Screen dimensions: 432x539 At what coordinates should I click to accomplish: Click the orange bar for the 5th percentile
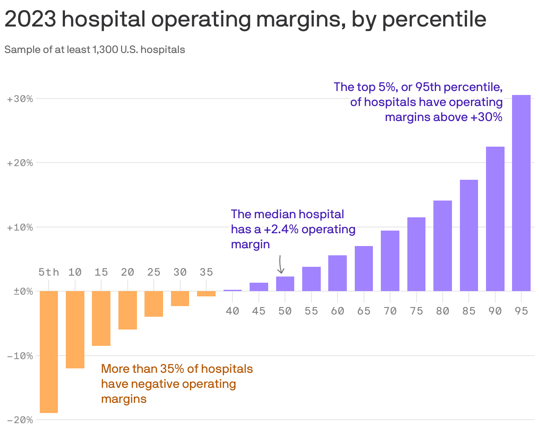[49, 352]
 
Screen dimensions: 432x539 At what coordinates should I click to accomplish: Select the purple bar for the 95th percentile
[521, 193]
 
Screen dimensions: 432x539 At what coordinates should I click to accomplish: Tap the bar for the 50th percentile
[285, 284]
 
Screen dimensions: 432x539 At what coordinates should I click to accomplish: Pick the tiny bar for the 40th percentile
[232, 291]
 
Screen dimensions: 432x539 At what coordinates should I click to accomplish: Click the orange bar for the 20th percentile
[127, 310]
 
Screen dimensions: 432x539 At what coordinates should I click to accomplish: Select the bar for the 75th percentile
[416, 254]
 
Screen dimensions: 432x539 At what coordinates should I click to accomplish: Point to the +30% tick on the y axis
[20, 99]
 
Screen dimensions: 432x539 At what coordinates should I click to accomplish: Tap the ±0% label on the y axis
[20, 292]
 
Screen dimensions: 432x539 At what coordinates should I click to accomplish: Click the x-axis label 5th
[49, 272]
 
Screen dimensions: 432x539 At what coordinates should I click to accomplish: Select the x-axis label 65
[364, 311]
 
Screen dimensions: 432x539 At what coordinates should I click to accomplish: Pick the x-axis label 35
[206, 272]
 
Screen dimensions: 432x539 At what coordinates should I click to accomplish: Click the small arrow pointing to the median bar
[281, 265]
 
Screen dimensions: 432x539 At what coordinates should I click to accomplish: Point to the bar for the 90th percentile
[495, 219]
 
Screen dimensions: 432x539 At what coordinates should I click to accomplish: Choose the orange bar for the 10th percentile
[75, 330]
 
